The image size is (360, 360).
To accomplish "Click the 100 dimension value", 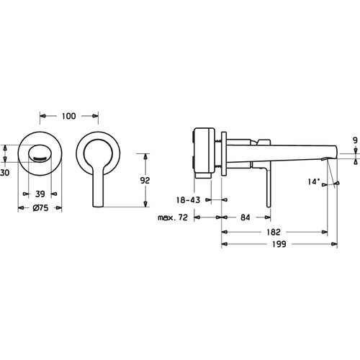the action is pyautogui.click(x=69, y=116).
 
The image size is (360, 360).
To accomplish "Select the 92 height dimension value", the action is pyautogui.click(x=145, y=180).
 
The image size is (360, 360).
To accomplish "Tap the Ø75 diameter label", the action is pyautogui.click(x=40, y=208).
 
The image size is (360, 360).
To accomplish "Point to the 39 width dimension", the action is pyautogui.click(x=40, y=194).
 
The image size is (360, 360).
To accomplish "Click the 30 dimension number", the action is pyautogui.click(x=5, y=173).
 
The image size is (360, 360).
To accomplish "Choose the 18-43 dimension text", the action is pyautogui.click(x=188, y=200).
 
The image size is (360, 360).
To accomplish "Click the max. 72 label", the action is pyautogui.click(x=173, y=217).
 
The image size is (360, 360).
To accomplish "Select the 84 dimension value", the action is pyautogui.click(x=246, y=217).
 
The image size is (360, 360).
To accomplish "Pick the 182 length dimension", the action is pyautogui.click(x=274, y=232).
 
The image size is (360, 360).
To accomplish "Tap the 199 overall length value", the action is pyautogui.click(x=279, y=244).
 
